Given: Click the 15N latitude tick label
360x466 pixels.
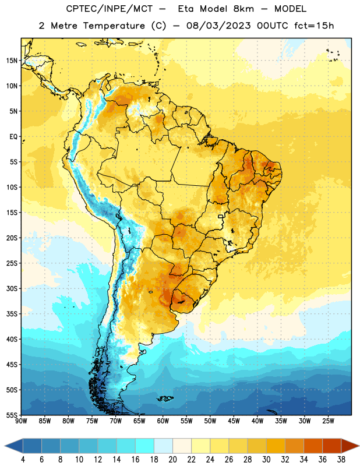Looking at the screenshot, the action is pyautogui.click(x=12, y=61).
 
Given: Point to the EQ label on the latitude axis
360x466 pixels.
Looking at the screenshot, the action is pyautogui.click(x=13, y=137).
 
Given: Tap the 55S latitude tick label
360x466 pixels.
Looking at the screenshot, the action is pyautogui.click(x=12, y=415).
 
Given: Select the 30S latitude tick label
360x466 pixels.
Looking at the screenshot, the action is pyautogui.click(x=12, y=288).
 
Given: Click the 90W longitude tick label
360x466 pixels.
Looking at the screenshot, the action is pyautogui.click(x=21, y=421).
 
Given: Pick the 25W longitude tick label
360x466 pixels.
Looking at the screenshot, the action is pyautogui.click(x=328, y=421).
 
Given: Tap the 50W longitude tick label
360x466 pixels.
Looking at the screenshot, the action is pyautogui.click(x=210, y=421).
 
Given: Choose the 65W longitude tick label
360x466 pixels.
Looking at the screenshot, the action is pyautogui.click(x=139, y=421).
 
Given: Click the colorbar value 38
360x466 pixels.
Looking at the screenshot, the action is pyautogui.click(x=341, y=460).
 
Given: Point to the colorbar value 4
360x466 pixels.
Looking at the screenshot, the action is pyautogui.click(x=23, y=460).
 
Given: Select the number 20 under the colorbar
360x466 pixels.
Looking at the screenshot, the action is pyautogui.click(x=172, y=460).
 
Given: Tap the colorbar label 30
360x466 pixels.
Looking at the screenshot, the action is pyautogui.click(x=266, y=460).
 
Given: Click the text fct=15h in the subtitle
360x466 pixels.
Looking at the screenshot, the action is pyautogui.click(x=314, y=26).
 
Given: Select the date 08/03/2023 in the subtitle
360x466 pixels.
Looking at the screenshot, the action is pyautogui.click(x=218, y=26).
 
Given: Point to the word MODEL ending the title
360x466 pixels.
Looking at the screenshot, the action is pyautogui.click(x=291, y=9).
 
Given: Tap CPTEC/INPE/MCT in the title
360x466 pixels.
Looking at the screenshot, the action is pyautogui.click(x=110, y=9).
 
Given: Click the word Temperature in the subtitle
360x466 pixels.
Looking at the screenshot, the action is pyautogui.click(x=114, y=26).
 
